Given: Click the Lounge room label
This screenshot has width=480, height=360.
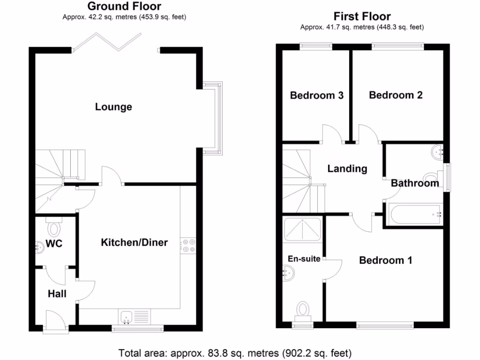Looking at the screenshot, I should tap(113, 107).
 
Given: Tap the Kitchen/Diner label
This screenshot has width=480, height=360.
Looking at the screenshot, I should tap(135, 242).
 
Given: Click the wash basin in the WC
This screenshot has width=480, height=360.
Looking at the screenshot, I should tap(39, 247).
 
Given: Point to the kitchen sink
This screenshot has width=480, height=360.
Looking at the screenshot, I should tap(126, 317).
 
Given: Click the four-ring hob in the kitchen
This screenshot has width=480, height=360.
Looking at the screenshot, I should tap(189, 245).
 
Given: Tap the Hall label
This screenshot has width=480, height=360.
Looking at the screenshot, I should tap(57, 294).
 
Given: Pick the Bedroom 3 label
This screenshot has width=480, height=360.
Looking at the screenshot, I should tap(317, 96).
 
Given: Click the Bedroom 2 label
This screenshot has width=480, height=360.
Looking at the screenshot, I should tap(396, 95).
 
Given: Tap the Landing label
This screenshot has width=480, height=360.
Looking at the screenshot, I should tap(347, 169).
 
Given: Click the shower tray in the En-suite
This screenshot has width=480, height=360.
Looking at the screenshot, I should tap(302, 228).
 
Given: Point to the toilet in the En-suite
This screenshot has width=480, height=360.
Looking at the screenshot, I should tap(303, 310).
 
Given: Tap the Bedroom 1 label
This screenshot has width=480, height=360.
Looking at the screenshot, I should tap(385, 260).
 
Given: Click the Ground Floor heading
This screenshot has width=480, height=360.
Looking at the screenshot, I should tap(124, 7).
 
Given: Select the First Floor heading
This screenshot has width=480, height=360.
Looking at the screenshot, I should tap(362, 16).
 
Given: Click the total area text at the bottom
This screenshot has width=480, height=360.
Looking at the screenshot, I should tap(235, 352).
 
